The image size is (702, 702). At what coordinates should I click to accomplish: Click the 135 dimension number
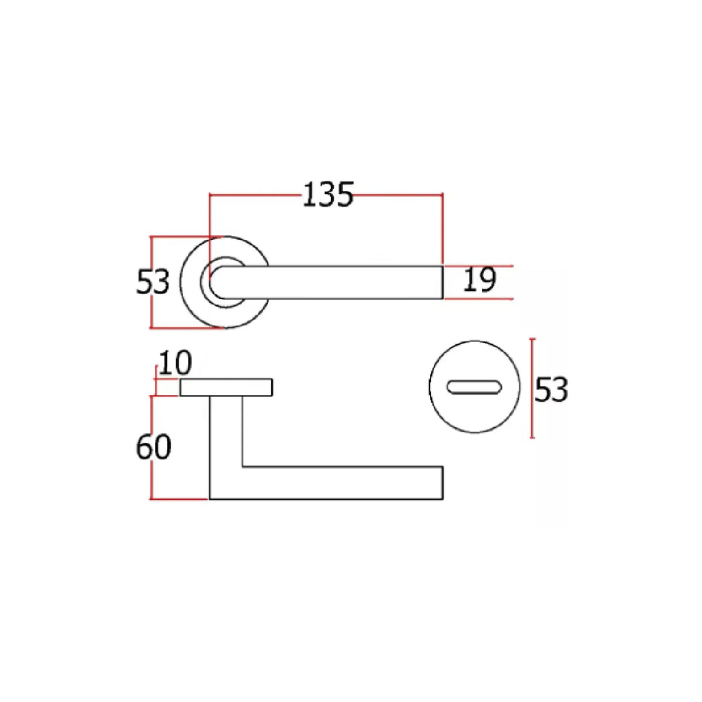click(328, 195)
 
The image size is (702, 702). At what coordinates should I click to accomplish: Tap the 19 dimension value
click(479, 280)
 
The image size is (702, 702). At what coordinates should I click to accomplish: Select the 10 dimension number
click(175, 363)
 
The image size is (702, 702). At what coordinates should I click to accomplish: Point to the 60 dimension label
click(153, 447)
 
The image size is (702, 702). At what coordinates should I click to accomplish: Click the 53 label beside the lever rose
click(153, 282)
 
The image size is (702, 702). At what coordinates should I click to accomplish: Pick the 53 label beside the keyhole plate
click(551, 389)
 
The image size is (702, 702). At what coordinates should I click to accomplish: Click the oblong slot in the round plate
click(474, 387)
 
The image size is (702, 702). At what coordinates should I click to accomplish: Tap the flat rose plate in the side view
click(226, 387)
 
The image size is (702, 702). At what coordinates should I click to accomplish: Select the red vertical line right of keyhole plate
click(532, 388)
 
